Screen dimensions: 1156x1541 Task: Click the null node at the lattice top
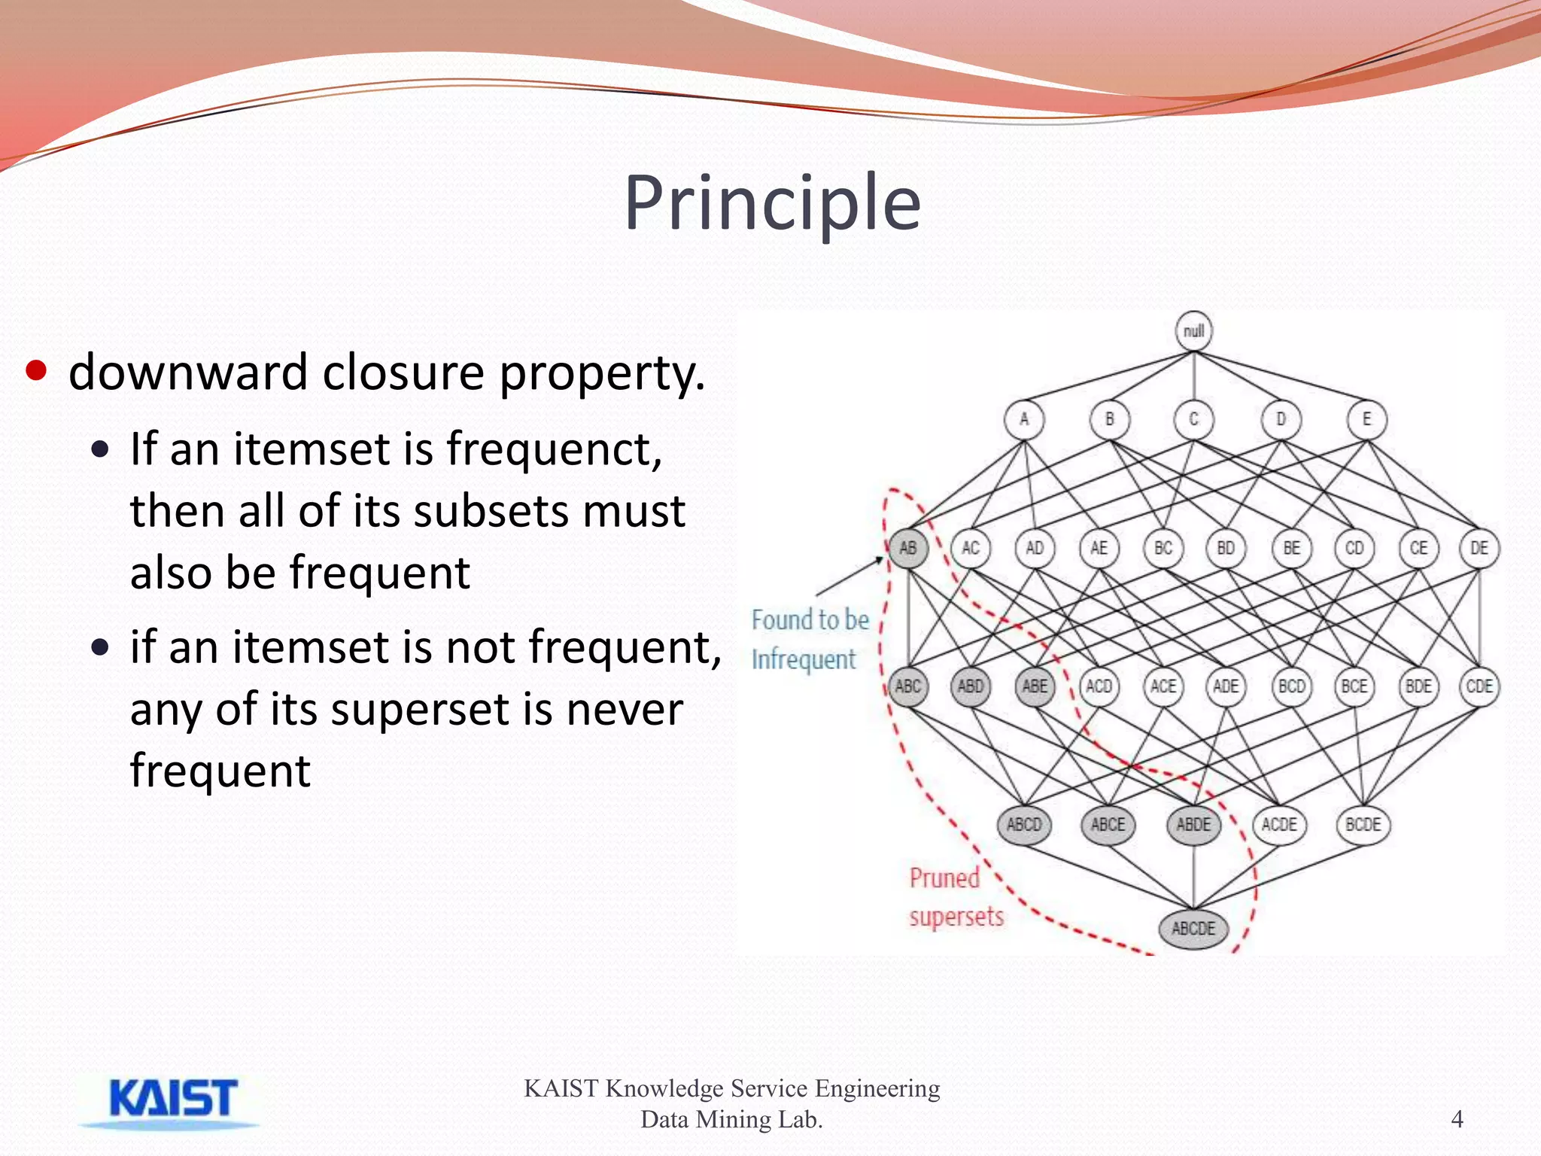click(x=1193, y=331)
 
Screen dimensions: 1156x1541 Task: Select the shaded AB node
click(x=907, y=548)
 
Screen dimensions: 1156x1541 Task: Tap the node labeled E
click(x=1366, y=419)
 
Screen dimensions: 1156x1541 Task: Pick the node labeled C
click(x=1193, y=419)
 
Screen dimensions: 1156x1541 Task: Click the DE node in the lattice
click(x=1479, y=548)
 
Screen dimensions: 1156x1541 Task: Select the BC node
click(x=1163, y=548)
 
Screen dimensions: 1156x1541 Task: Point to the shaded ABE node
click(x=1035, y=686)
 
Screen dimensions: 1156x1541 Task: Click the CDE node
click(x=1479, y=686)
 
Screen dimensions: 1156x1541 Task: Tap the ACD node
click(x=1099, y=686)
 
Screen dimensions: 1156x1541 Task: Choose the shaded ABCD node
click(x=1024, y=825)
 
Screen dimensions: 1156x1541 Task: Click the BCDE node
click(x=1363, y=825)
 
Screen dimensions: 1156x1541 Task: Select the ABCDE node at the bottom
click(x=1193, y=929)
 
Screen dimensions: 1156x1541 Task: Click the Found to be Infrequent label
click(x=809, y=640)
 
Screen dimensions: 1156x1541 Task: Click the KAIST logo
click(x=172, y=1100)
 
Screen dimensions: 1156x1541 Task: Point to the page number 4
click(x=1457, y=1119)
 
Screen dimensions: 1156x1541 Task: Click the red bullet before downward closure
click(x=36, y=371)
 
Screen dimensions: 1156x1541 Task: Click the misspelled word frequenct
click(x=554, y=449)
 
